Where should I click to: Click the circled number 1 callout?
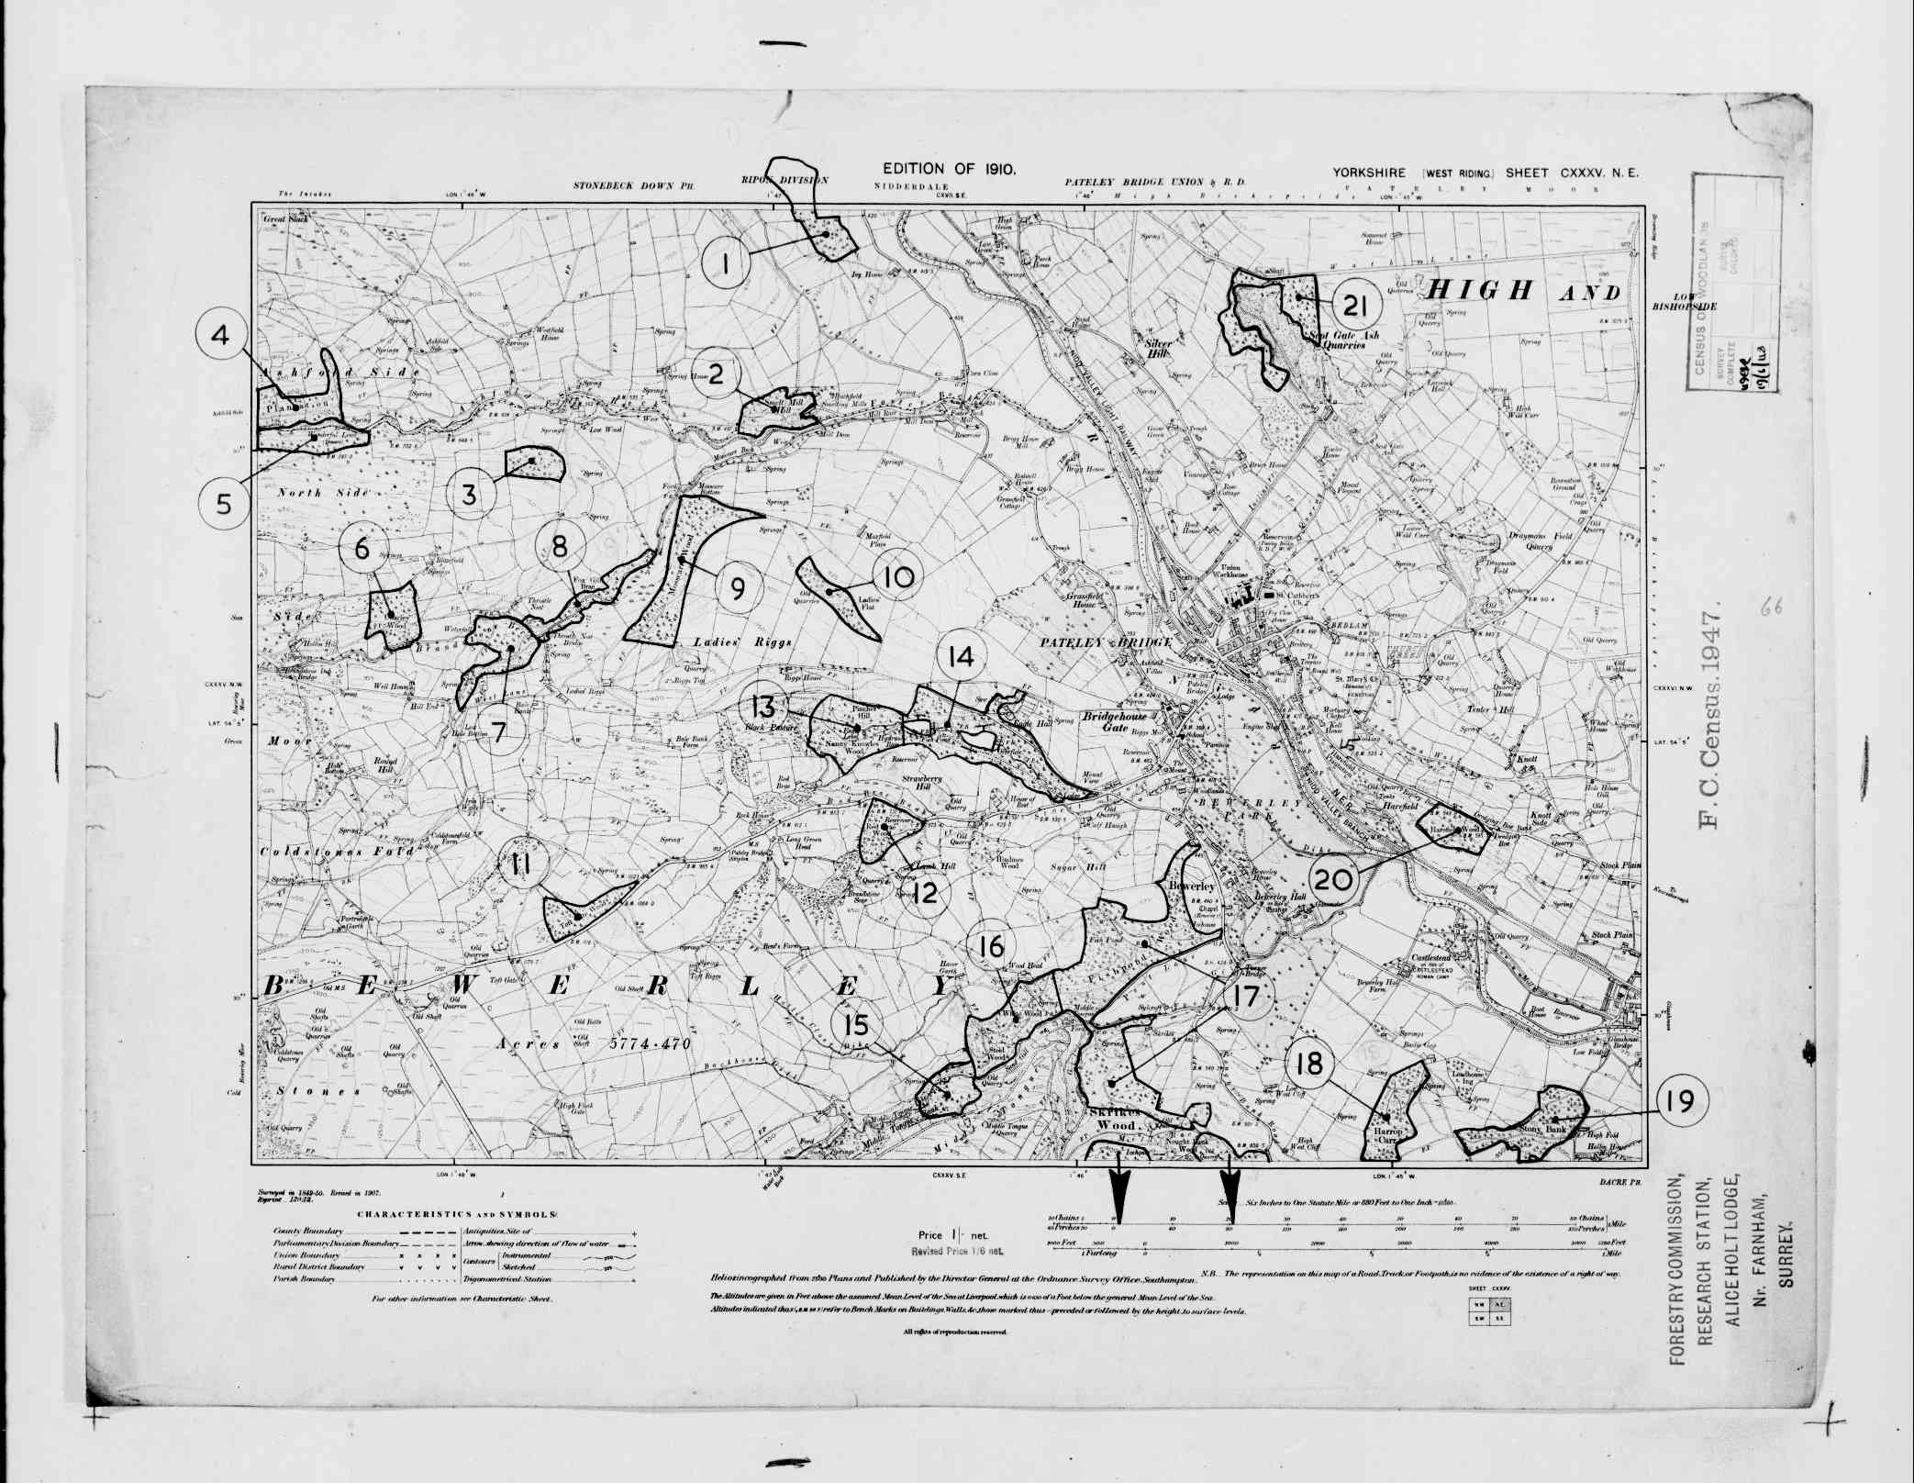pyautogui.click(x=726, y=264)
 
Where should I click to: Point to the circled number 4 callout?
pyautogui.click(x=220, y=336)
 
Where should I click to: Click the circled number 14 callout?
pyautogui.click(x=961, y=657)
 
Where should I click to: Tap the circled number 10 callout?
pyautogui.click(x=899, y=577)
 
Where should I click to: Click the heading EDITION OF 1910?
pyautogui.click(x=949, y=169)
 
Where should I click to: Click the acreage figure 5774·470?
pyautogui.click(x=649, y=1044)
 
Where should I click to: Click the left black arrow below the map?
pyautogui.click(x=1119, y=1193)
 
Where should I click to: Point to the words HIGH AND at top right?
pyautogui.click(x=1521, y=292)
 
